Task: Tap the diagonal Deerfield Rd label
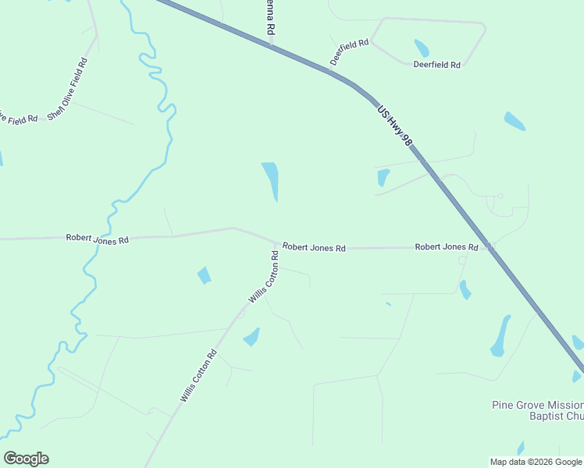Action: [348, 51]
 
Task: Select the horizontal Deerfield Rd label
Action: [436, 65]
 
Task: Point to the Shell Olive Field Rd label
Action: [67, 88]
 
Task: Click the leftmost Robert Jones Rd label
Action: [97, 239]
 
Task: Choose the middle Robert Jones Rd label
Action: [314, 247]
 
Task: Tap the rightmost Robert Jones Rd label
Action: [446, 247]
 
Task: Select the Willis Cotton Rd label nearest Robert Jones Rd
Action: [263, 278]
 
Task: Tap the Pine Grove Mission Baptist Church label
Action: [538, 410]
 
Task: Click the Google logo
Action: [26, 459]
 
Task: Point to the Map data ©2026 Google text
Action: [535, 462]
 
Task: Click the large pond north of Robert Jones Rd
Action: [270, 179]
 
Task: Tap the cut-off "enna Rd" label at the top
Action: [271, 16]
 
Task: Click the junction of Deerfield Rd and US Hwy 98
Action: [330, 71]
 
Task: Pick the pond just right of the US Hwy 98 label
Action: [514, 121]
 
